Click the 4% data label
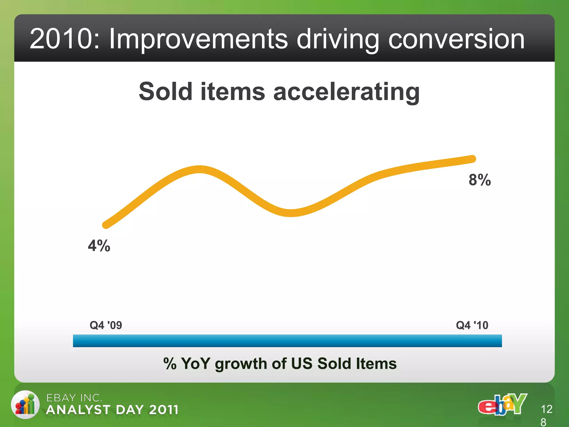[99, 246]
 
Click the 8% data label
[480, 180]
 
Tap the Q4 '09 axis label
[106, 325]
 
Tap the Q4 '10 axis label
[472, 325]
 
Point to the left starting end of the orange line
[106, 225]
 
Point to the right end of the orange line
[472, 159]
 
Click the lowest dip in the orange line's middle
[290, 213]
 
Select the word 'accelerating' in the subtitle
[346, 92]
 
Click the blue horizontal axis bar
[287, 341]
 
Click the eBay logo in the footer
[502, 404]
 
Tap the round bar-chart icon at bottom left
[25, 405]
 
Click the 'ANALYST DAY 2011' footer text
[112, 410]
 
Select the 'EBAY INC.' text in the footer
[74, 398]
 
